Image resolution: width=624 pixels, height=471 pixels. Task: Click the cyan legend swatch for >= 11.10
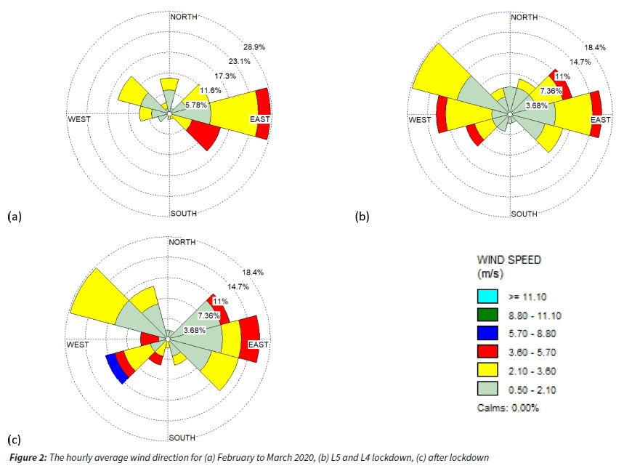click(487, 297)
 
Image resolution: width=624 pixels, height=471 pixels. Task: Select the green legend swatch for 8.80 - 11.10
click(487, 315)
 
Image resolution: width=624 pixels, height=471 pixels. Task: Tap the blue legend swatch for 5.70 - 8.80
click(487, 334)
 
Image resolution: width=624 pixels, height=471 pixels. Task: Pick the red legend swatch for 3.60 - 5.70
click(487, 353)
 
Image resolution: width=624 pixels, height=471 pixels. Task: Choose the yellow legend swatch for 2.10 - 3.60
click(487, 371)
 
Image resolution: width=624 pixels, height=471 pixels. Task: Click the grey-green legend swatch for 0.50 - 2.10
click(487, 390)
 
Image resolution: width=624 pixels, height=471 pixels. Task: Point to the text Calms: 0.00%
click(508, 408)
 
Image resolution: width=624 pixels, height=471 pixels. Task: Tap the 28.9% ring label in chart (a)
click(254, 47)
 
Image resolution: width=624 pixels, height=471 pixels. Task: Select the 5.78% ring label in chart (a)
click(197, 105)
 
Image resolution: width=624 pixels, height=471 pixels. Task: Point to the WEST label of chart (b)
click(421, 120)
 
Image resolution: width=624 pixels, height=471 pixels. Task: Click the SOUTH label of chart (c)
click(182, 438)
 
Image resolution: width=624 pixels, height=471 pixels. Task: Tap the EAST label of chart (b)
click(601, 120)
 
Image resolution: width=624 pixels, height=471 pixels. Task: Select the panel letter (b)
click(361, 217)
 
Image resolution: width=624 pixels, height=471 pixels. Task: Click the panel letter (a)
click(15, 217)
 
